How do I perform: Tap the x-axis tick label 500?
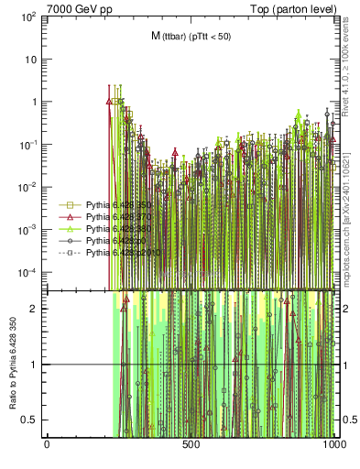coord(191,446)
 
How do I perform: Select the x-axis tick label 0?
coord(47,446)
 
